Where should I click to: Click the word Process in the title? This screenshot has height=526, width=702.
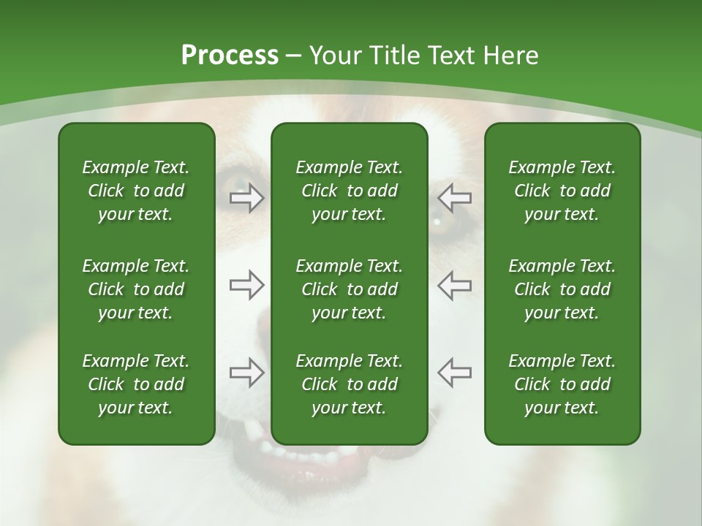(230, 56)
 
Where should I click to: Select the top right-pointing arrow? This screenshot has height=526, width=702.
(246, 198)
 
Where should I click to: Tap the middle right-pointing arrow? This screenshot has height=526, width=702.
(246, 285)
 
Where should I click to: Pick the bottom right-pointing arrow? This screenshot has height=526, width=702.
(246, 372)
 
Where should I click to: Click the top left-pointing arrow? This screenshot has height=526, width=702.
(455, 198)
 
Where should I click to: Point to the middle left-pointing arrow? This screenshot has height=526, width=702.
(455, 285)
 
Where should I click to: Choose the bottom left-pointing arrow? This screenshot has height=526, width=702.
(455, 372)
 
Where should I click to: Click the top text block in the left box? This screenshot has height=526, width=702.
(136, 191)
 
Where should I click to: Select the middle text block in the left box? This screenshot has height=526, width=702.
(136, 289)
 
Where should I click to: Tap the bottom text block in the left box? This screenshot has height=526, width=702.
(136, 384)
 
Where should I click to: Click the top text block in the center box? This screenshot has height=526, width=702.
(349, 191)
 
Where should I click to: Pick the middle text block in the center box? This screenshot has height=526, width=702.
(349, 289)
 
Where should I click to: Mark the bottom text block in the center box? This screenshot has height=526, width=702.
(349, 384)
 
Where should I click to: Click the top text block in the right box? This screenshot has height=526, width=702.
(562, 191)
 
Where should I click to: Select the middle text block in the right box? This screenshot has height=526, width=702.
(562, 289)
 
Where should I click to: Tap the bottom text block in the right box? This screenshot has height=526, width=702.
(562, 384)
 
